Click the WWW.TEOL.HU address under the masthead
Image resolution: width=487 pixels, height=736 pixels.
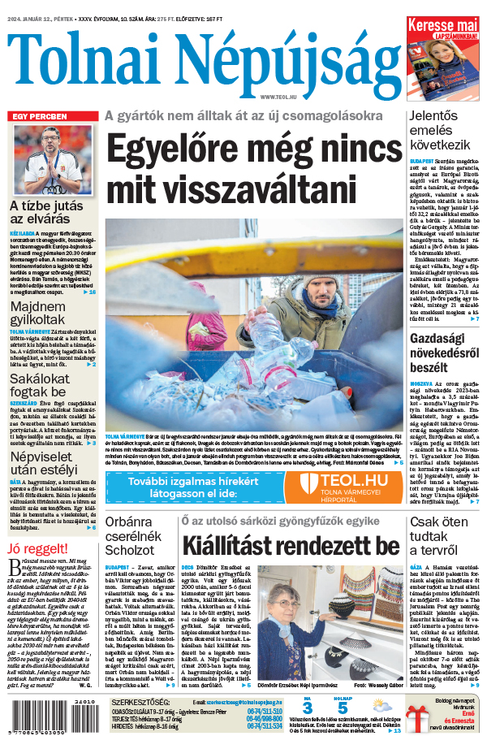tap(279, 97)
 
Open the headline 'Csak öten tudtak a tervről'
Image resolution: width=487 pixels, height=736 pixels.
tap(443, 536)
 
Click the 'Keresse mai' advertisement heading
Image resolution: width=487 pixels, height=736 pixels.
tap(442, 27)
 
